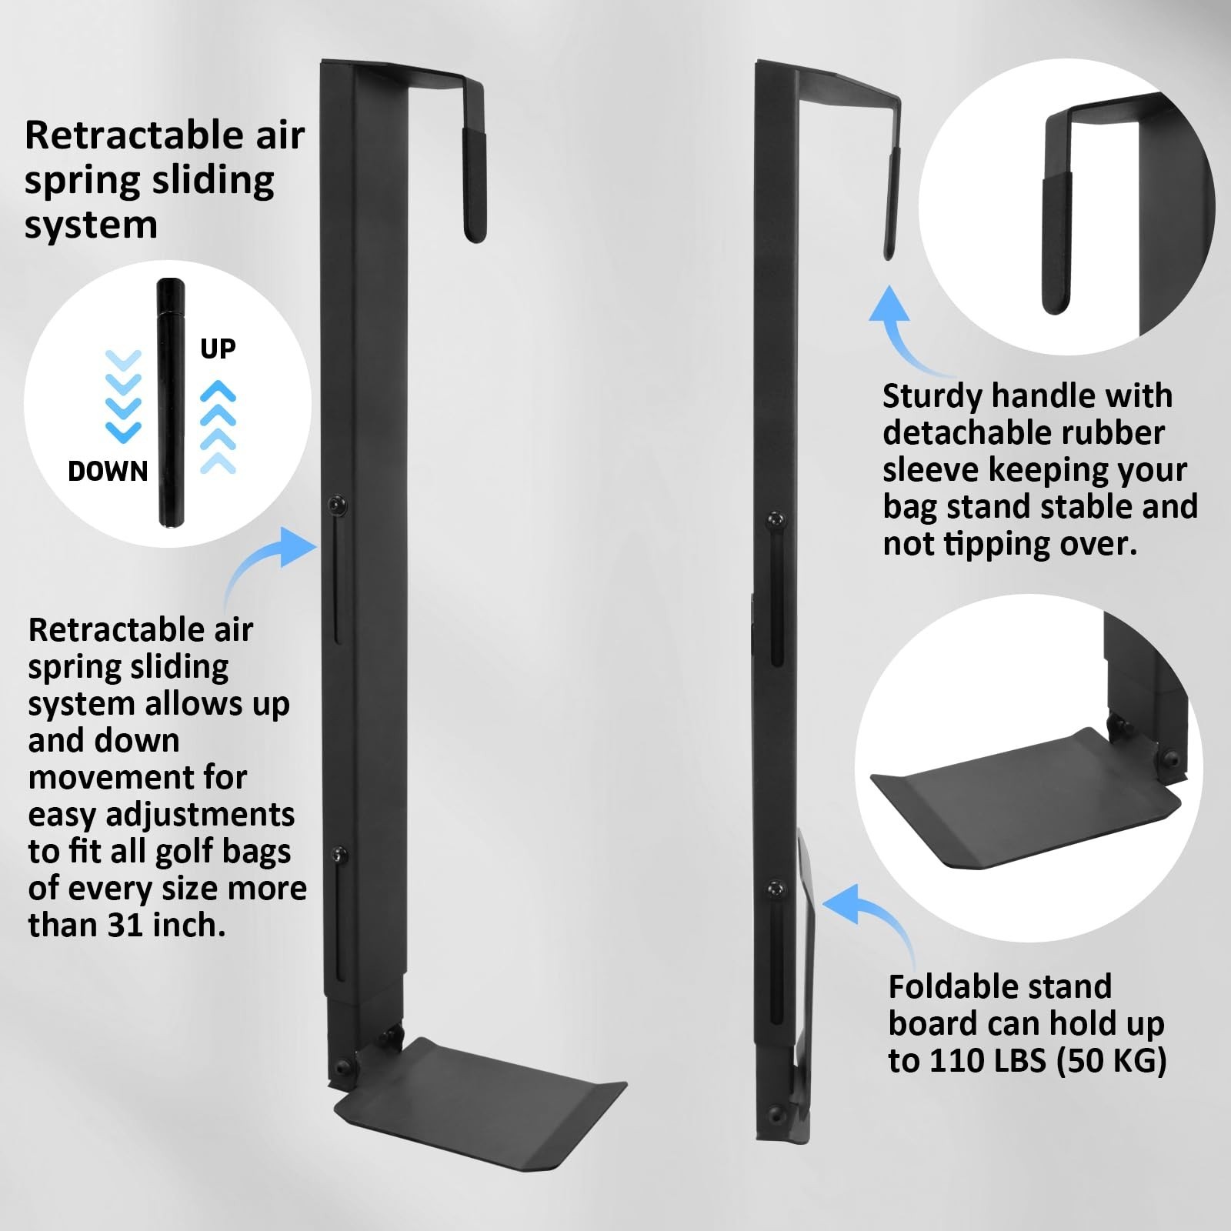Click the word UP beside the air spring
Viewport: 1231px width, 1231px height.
pyautogui.click(x=218, y=349)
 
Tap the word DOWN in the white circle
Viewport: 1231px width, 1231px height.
pyautogui.click(x=108, y=471)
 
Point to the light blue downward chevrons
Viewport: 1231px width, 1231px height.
pyautogui.click(x=123, y=396)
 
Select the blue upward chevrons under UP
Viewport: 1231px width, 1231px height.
pyautogui.click(x=218, y=426)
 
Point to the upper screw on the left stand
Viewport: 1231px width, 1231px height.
pyautogui.click(x=337, y=504)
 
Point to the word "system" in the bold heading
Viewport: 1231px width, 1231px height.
pyautogui.click(x=91, y=226)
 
